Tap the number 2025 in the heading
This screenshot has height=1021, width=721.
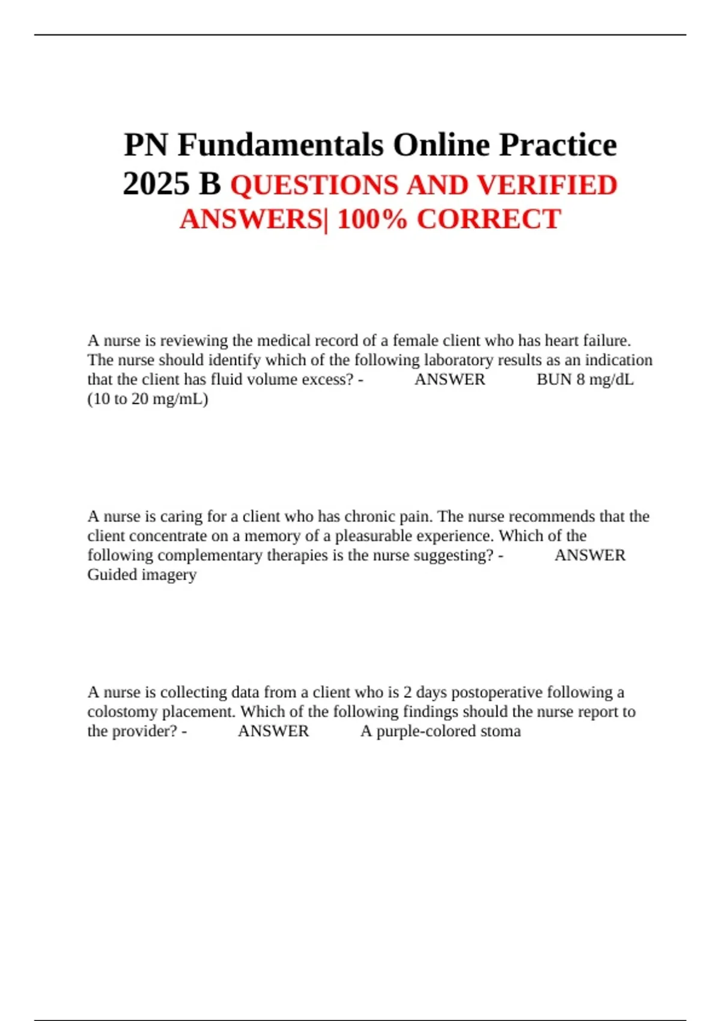click(x=155, y=184)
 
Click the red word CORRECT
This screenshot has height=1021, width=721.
click(x=489, y=219)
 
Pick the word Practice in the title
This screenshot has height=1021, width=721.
click(x=558, y=145)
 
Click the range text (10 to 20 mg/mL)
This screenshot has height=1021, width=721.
click(x=148, y=399)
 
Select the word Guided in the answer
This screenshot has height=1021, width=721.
click(x=112, y=575)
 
